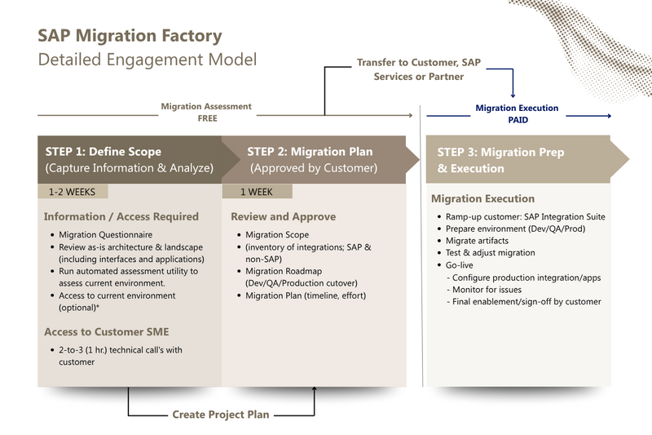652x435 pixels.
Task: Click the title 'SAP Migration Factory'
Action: (130, 37)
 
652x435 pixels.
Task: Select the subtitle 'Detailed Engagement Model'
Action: (148, 60)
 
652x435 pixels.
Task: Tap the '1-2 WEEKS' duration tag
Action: (72, 192)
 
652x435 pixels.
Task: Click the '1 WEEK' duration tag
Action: (257, 192)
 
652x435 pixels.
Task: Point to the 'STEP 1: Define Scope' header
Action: (103, 152)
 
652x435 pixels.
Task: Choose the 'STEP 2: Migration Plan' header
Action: (310, 152)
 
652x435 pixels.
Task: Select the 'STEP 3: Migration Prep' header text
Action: (500, 153)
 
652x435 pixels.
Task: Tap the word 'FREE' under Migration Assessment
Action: (206, 118)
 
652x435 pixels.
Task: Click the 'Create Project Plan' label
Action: (221, 415)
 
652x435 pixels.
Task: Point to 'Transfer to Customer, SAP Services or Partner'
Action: (419, 69)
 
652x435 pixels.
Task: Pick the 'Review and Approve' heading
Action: (282, 217)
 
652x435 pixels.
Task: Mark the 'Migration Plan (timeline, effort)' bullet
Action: (306, 295)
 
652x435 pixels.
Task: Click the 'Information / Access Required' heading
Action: (121, 217)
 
